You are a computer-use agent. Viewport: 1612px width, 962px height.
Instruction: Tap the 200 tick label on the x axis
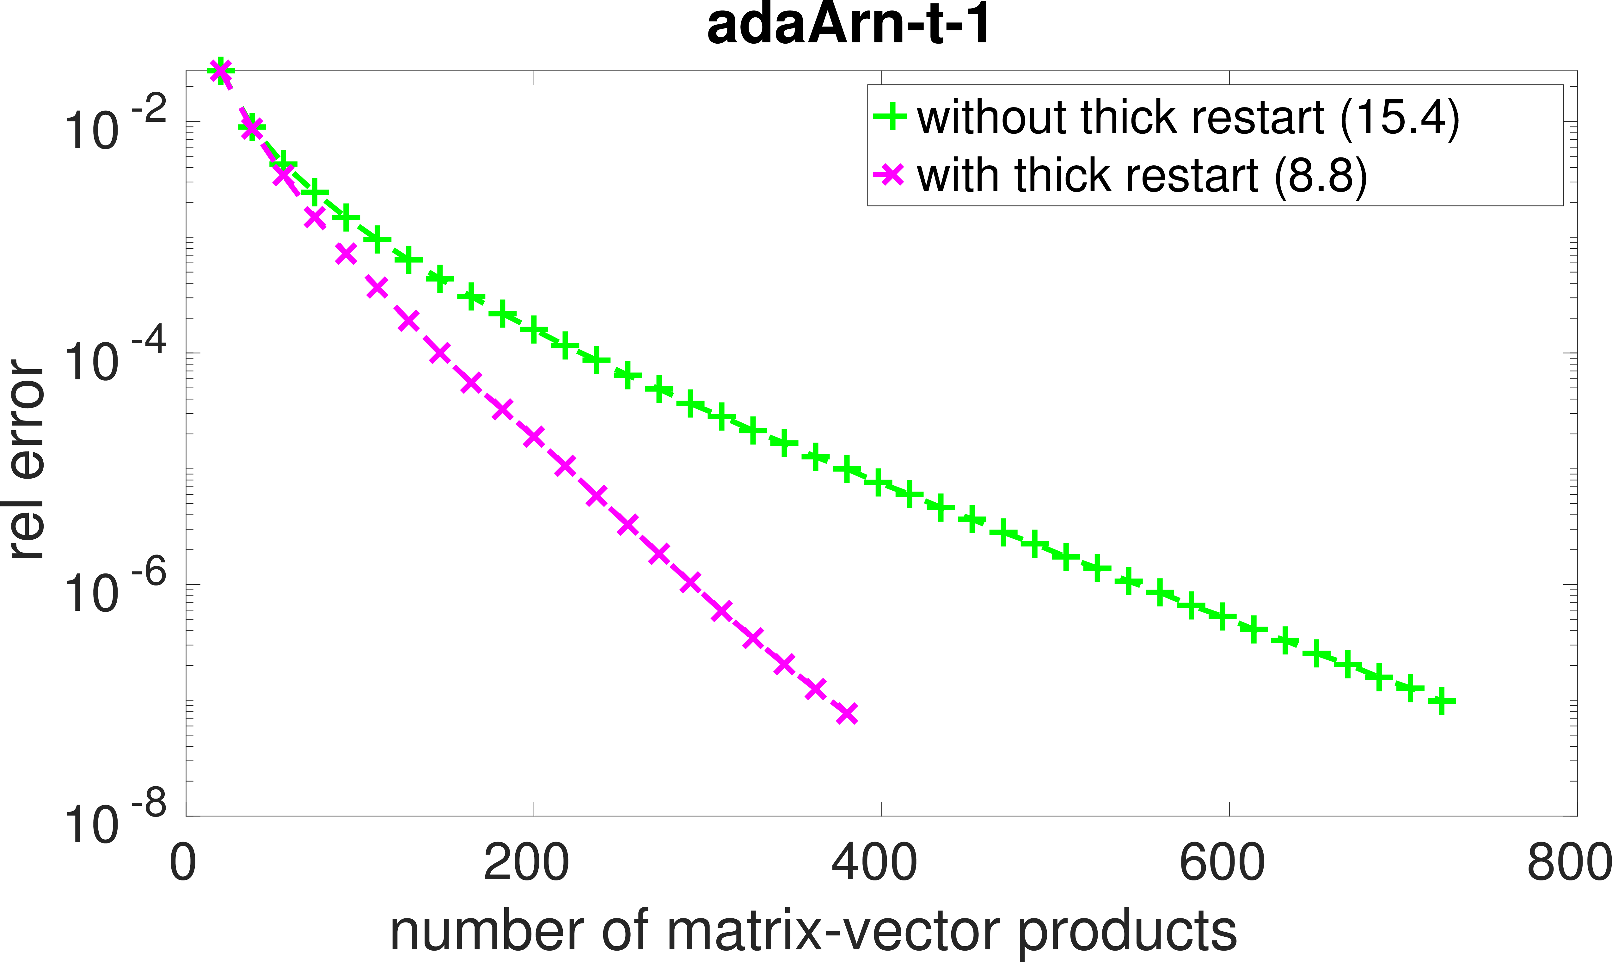click(526, 863)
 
